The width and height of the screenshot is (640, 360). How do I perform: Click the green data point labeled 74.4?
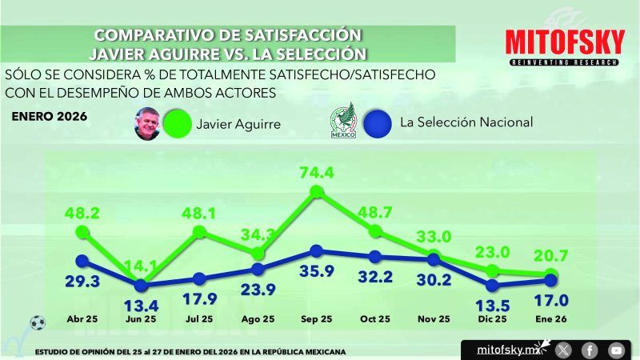[x=316, y=192]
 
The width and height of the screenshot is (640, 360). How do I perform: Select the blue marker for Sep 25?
[x=316, y=251]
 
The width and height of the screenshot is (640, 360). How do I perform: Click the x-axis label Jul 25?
[x=198, y=318]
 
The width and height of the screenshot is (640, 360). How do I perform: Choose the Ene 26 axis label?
[x=550, y=318]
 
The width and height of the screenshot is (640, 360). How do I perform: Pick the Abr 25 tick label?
[x=82, y=318]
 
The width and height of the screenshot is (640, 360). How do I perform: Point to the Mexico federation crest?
[x=342, y=122]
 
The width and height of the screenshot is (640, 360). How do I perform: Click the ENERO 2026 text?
[x=50, y=115]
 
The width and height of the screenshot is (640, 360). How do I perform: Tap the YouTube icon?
[x=615, y=350]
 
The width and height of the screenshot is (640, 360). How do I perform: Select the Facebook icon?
[x=589, y=350]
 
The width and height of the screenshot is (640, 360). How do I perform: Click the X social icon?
[x=563, y=350]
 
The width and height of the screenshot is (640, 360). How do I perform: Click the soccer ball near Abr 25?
[x=37, y=323]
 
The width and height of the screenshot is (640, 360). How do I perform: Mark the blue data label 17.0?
[x=552, y=302]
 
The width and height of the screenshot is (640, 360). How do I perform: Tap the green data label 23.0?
[x=494, y=250]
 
